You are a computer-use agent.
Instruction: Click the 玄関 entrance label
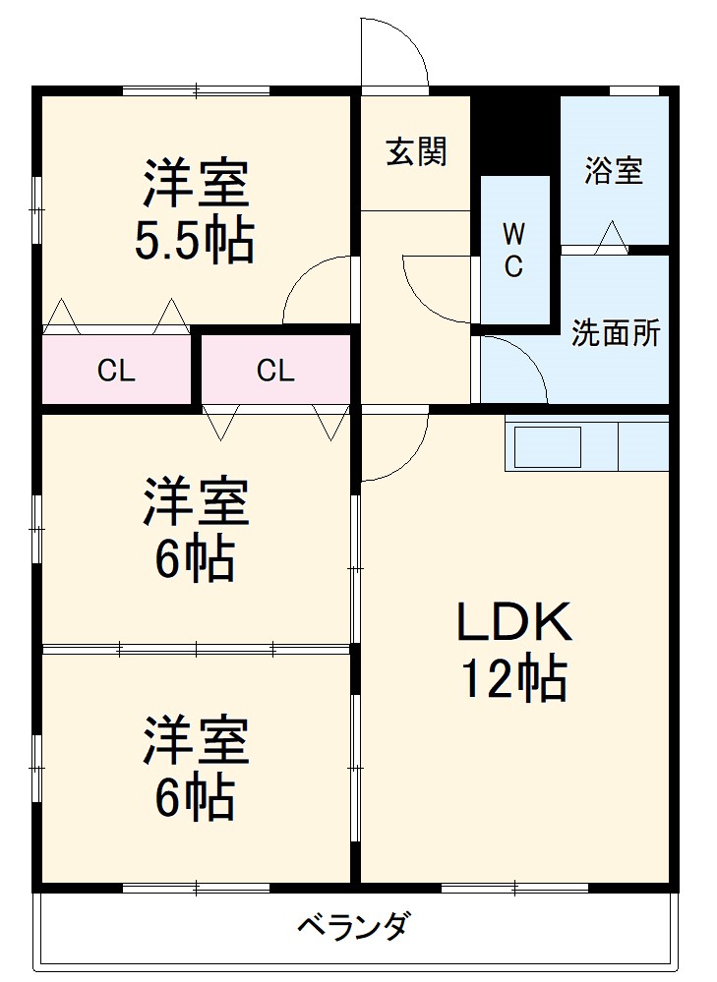[x=416, y=151]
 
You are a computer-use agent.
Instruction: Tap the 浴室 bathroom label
[x=614, y=170]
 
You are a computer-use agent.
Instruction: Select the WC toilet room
[x=513, y=251]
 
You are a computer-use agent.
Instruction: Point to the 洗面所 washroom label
[x=617, y=333]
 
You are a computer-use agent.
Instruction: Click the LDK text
[x=512, y=623]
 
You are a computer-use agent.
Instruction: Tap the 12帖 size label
[x=513, y=678]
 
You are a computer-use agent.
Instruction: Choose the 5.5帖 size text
[x=195, y=239]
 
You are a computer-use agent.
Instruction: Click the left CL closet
[x=116, y=371]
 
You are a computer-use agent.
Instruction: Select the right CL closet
[x=275, y=371]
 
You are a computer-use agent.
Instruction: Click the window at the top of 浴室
[x=633, y=91]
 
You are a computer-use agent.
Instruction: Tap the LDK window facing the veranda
[x=514, y=888]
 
